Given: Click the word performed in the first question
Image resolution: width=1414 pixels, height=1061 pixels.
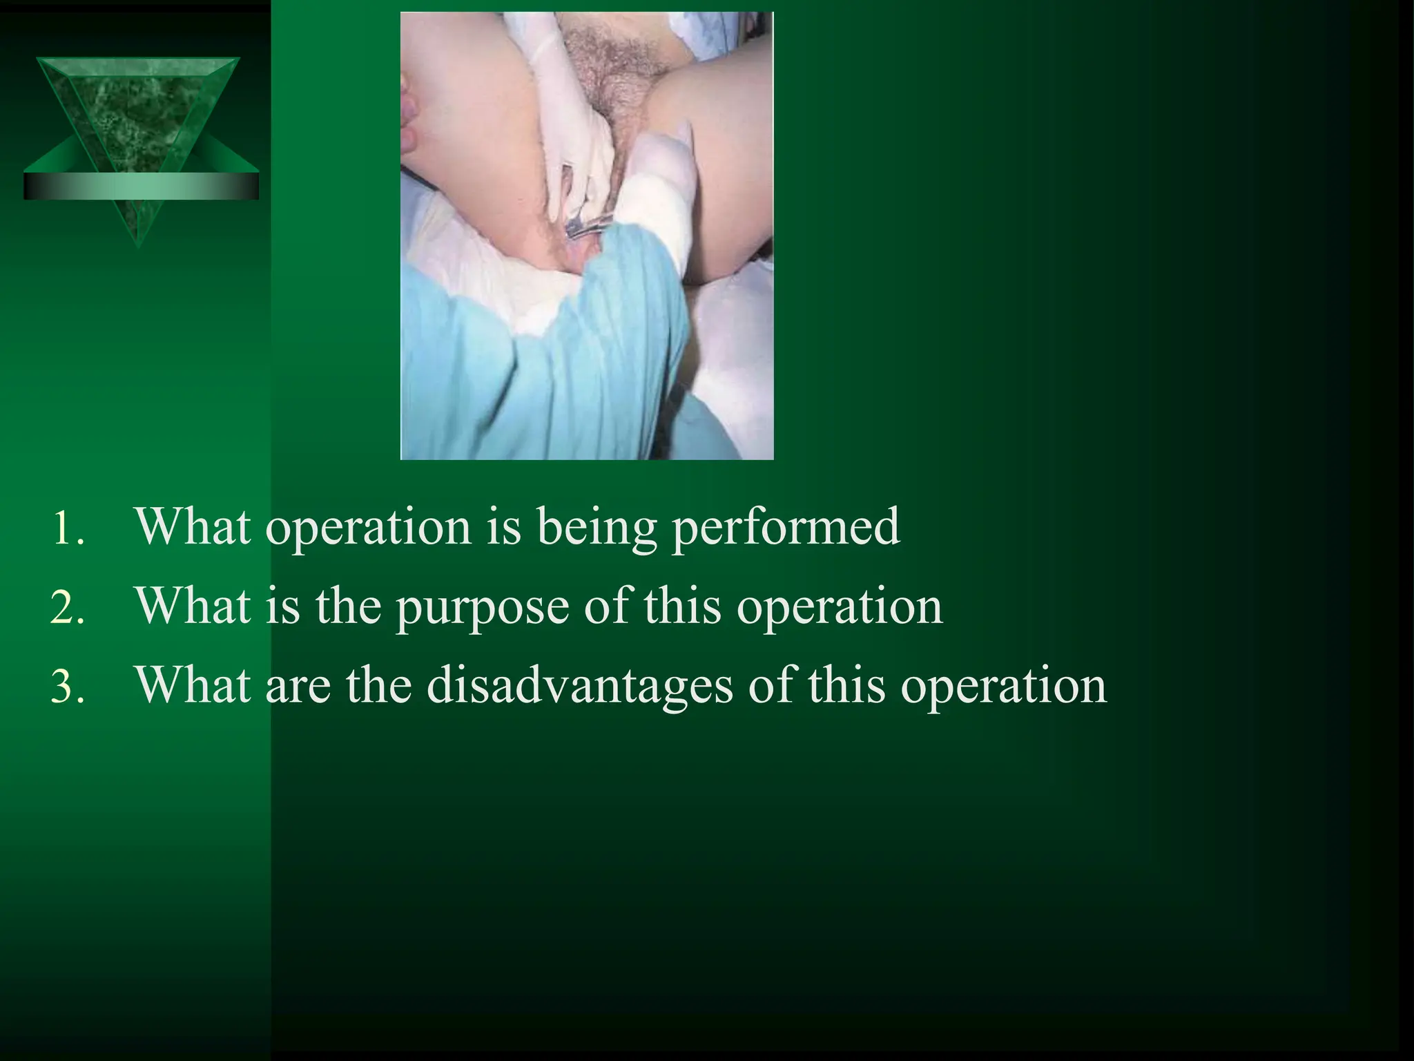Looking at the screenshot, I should [x=786, y=528].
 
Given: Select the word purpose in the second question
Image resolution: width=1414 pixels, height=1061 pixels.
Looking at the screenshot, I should [x=482, y=607].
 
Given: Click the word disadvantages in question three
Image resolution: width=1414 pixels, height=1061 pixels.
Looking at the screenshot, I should [x=579, y=686].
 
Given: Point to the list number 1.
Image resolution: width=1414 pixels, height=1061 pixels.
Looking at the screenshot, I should [x=68, y=529].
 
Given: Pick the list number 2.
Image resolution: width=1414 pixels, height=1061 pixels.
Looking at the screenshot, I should [x=68, y=609].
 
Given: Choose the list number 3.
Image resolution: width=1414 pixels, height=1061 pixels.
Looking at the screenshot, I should [x=68, y=687].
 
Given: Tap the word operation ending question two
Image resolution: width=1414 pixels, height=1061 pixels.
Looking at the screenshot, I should [x=839, y=607].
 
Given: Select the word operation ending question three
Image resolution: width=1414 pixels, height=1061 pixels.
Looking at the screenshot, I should [x=1003, y=686].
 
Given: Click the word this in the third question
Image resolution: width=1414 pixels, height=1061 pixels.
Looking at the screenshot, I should [x=846, y=686].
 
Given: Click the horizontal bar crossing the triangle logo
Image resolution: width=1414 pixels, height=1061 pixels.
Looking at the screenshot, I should [x=141, y=186].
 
